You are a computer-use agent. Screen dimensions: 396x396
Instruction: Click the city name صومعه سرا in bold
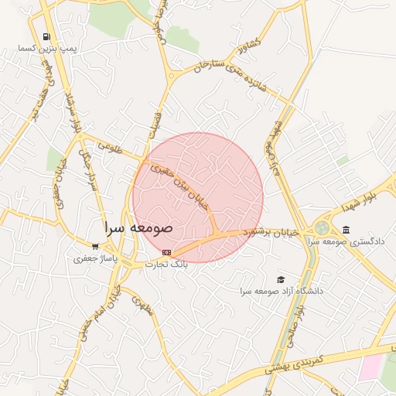139,229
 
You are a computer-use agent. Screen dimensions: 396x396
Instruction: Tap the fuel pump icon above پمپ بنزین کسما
47,36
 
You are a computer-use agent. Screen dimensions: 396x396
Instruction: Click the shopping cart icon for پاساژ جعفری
95,247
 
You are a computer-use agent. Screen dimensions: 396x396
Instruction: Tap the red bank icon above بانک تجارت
166,252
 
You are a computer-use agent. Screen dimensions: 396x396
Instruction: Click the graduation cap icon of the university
280,279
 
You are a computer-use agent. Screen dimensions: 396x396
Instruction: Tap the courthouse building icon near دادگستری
345,230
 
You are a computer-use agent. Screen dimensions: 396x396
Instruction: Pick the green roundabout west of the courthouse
321,228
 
